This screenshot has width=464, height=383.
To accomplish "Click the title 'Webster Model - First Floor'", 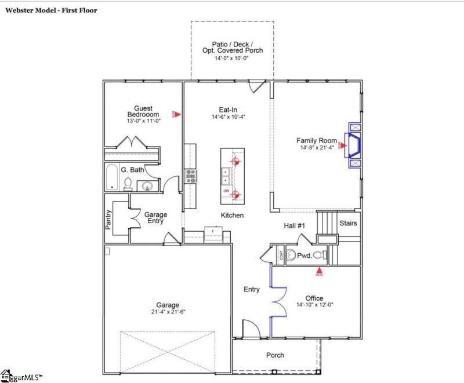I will [x=52, y=10].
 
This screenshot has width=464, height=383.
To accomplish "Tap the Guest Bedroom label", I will [x=143, y=111].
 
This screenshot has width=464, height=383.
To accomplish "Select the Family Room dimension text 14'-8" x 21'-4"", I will [x=316, y=148].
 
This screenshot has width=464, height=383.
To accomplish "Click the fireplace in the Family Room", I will [x=353, y=145].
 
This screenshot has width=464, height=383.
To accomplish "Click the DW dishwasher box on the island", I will [x=226, y=191].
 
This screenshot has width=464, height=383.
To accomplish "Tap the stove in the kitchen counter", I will [x=190, y=176].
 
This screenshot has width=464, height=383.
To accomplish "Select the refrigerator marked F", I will [x=212, y=236].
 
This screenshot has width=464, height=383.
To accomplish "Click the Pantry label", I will [x=108, y=219].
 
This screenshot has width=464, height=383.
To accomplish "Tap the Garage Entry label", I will [x=155, y=217].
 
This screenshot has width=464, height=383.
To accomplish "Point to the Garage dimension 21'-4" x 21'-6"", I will [x=168, y=312].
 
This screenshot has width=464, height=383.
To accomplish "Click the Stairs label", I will [x=348, y=223].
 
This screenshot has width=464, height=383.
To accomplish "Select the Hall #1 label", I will [x=295, y=225].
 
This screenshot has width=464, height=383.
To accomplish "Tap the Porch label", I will [x=275, y=355].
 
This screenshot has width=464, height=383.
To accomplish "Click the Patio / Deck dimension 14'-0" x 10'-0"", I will [x=232, y=59].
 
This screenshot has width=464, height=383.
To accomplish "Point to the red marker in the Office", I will [x=318, y=270].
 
